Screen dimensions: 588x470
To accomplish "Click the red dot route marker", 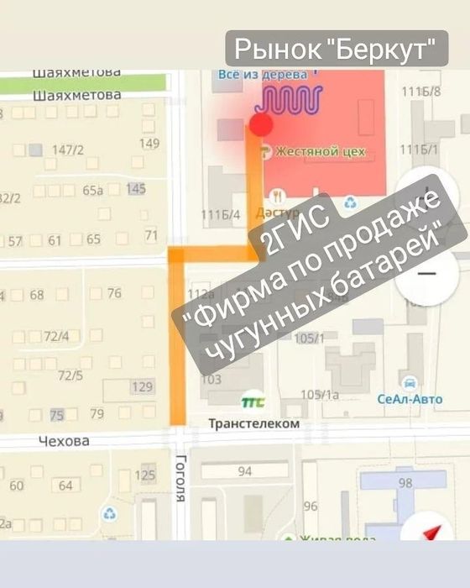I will click(x=261, y=126).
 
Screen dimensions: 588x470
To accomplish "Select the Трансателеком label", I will click(x=253, y=424).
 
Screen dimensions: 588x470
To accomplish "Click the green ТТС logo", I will click(x=251, y=402).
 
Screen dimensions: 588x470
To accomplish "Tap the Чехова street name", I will click(x=64, y=441).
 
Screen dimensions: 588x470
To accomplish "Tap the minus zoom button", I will click(x=426, y=274).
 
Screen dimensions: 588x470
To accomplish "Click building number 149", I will click(x=149, y=144).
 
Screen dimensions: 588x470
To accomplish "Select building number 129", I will click(x=143, y=386).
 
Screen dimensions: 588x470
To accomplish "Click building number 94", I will click(x=245, y=471).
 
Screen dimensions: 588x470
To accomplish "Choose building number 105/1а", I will click(x=319, y=395).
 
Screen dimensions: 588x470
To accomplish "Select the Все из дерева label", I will click(x=252, y=75).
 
